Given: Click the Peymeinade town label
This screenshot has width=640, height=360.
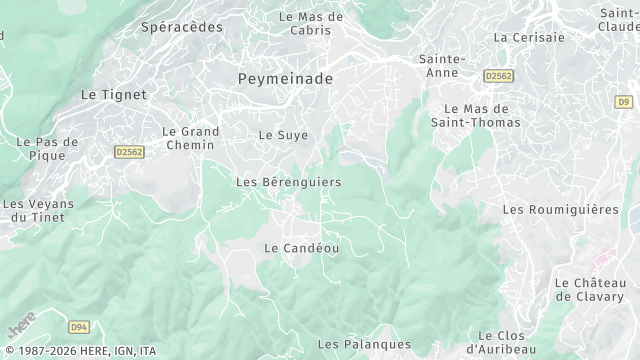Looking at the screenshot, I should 285,77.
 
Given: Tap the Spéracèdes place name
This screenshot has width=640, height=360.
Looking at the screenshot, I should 181,27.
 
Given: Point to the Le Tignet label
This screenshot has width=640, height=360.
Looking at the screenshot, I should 113,94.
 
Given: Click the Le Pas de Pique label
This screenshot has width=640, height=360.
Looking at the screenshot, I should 47,149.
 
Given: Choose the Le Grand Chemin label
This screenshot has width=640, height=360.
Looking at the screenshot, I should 189,138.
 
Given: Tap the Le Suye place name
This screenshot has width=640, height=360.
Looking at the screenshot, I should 283,134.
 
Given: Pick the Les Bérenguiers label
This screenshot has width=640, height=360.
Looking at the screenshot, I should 288,182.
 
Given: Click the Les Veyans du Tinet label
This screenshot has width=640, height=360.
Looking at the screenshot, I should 38,211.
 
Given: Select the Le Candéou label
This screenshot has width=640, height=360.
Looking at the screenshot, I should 301,247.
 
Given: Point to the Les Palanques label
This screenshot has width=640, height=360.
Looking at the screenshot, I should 350,344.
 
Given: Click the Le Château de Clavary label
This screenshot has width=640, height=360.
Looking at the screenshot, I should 589,289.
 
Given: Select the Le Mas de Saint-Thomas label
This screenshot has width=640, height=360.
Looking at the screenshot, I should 477,115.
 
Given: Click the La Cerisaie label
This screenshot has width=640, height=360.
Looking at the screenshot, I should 529,37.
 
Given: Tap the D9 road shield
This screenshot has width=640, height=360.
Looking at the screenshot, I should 624,101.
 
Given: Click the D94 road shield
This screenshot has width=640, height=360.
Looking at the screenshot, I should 80,326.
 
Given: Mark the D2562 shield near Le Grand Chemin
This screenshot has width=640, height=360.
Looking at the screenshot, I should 129,152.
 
